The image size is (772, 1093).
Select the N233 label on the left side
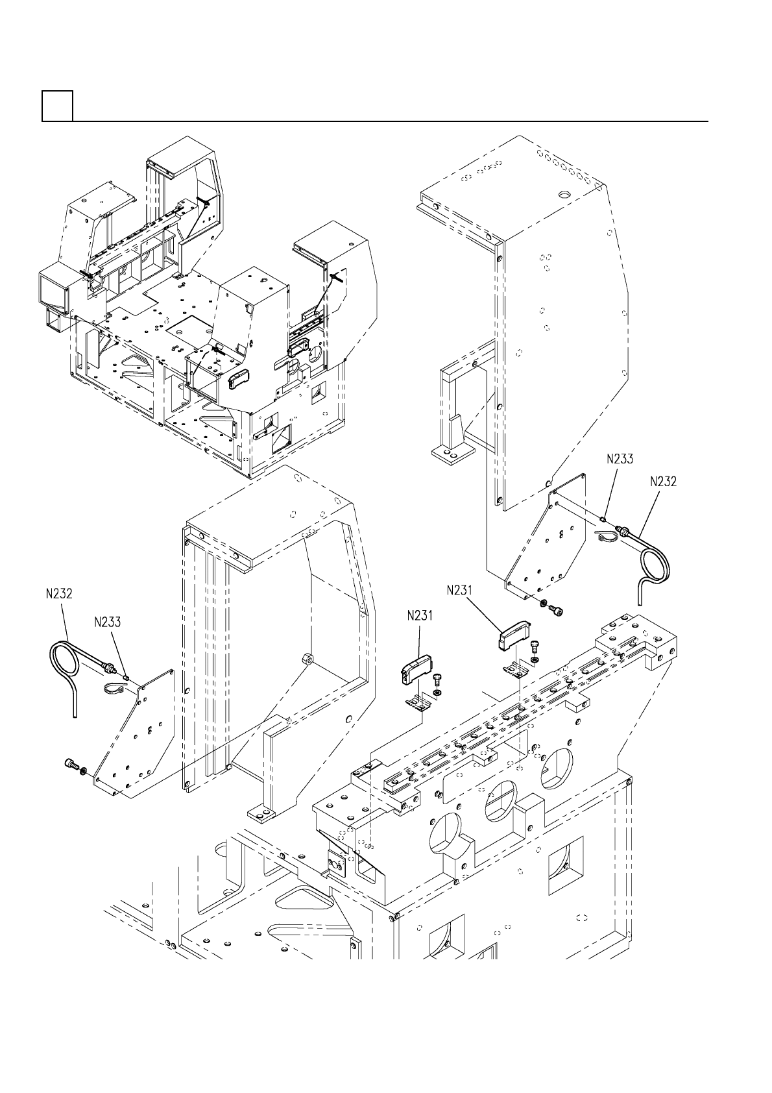[x=107, y=622]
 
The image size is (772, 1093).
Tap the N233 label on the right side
[x=620, y=459]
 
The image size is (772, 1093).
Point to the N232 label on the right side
[x=663, y=482]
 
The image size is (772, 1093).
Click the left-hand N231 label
[x=420, y=616]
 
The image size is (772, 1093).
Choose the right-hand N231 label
[x=459, y=590]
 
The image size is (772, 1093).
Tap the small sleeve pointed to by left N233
[x=126, y=678]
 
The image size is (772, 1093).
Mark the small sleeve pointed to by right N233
[x=603, y=519]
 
